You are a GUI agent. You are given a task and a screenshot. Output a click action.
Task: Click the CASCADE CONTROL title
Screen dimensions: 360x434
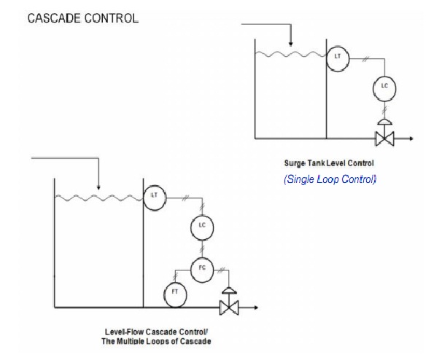82,18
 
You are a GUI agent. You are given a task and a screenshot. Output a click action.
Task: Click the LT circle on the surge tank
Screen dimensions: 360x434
337,57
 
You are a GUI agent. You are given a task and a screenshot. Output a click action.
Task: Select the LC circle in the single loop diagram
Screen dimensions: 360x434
384,87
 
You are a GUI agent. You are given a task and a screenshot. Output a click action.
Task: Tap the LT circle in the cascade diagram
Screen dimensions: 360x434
154,195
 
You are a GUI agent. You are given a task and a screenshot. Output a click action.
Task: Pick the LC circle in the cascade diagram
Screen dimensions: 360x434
201,227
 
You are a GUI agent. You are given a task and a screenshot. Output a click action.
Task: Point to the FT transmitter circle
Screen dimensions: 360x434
174,293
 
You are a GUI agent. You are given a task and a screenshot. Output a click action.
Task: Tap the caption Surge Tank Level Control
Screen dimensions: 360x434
329,164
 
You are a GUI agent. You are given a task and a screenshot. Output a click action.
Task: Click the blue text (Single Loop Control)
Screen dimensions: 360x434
330,179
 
